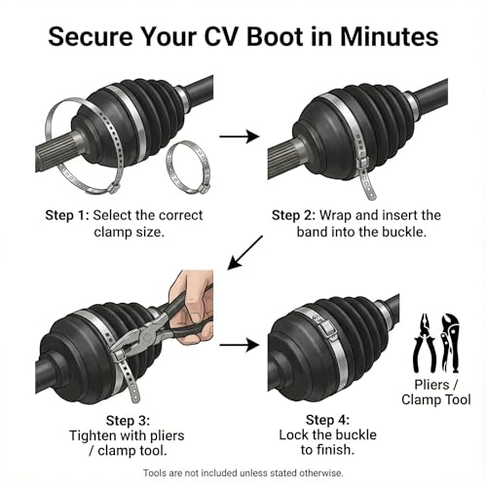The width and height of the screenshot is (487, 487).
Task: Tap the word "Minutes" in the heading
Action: tap(389, 36)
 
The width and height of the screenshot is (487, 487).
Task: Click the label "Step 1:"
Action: tap(67, 215)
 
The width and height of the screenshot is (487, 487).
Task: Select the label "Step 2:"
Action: tap(293, 215)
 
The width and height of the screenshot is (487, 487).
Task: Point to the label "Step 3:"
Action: tap(128, 421)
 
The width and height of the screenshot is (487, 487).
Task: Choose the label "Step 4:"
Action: tap(327, 420)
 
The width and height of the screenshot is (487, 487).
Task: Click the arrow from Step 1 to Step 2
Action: tap(240, 136)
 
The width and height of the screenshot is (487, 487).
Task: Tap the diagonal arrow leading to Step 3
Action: tap(244, 253)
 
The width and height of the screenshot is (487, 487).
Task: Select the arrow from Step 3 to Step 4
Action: tap(240, 345)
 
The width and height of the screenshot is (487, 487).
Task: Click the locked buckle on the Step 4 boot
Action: tap(326, 327)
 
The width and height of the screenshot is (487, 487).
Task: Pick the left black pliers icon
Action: tap(424, 343)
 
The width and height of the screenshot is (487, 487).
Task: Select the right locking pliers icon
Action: tap(450, 343)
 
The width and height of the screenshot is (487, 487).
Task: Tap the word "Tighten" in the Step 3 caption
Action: tap(92, 436)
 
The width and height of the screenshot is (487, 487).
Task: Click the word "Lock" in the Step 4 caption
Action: tap(293, 435)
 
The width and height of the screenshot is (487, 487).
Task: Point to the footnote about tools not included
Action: tap(243, 472)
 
